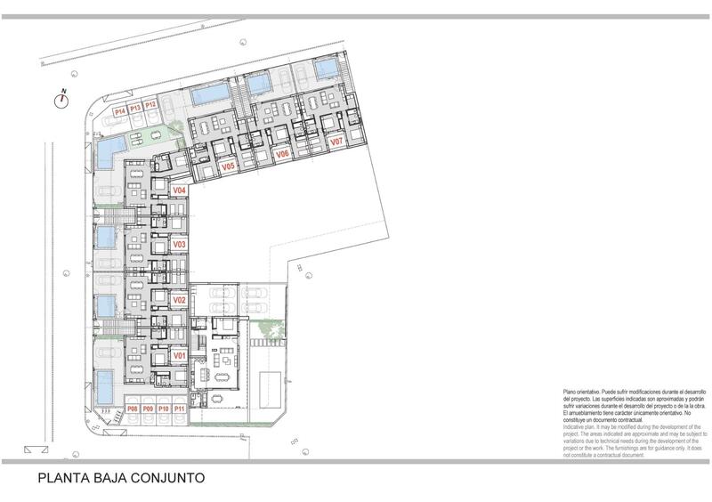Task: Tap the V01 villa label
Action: point(178,355)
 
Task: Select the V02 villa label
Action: point(178,300)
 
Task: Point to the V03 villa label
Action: point(178,244)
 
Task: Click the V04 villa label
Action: point(178,190)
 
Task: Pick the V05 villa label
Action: point(227,166)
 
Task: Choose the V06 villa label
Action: point(282,155)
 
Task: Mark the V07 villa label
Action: point(336,142)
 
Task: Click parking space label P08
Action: point(132,409)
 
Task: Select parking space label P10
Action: point(163,409)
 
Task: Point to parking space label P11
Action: point(179,409)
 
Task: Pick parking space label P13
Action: point(135,107)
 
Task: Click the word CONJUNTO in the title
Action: point(162,477)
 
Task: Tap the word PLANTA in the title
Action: point(60,477)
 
